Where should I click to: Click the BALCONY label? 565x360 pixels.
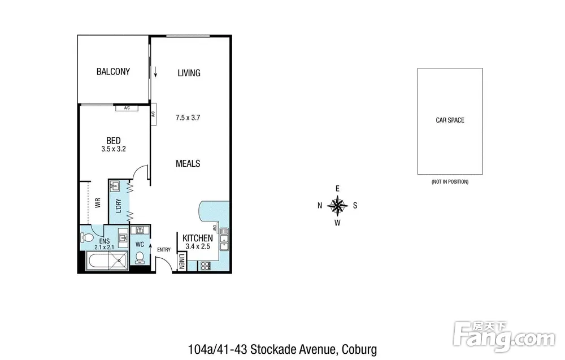click(x=113, y=72)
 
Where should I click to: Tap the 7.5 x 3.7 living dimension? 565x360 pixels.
click(x=188, y=118)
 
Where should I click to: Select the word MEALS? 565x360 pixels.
click(x=188, y=163)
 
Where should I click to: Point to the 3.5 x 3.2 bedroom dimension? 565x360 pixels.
click(x=114, y=149)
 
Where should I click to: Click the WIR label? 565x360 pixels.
click(x=98, y=203)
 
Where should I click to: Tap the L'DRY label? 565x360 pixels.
click(x=119, y=206)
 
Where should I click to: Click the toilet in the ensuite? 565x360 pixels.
click(x=86, y=237)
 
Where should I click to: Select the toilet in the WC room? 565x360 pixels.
click(x=140, y=257)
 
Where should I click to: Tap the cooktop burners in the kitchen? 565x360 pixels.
click(x=205, y=266)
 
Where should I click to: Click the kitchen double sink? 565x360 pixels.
click(x=224, y=239)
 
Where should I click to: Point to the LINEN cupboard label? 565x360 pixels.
click(x=182, y=261)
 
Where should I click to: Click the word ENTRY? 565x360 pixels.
click(x=164, y=250)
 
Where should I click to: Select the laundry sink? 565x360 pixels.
click(x=115, y=186)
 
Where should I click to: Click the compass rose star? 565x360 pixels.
click(x=337, y=206)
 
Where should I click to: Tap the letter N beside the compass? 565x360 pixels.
click(x=320, y=205)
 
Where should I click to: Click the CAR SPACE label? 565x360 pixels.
click(x=450, y=120)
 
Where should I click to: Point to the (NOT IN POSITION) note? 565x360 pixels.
click(x=450, y=182)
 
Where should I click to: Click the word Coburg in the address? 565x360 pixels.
click(x=359, y=350)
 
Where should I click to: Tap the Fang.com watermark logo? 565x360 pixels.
click(x=504, y=337)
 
